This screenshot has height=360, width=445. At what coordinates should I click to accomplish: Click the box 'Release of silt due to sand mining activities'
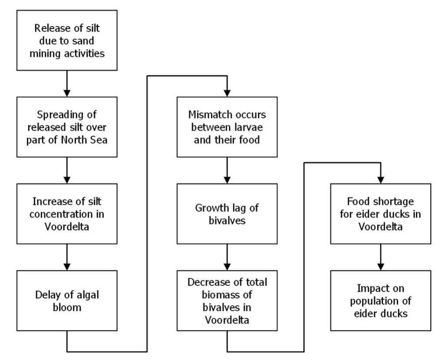[67, 40]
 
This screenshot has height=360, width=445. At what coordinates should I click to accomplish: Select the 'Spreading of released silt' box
[67, 127]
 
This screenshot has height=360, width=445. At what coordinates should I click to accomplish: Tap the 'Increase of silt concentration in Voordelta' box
[67, 214]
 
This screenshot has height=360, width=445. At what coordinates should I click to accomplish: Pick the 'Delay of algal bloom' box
[67, 301]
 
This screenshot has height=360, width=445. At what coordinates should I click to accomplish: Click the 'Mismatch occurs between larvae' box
[227, 127]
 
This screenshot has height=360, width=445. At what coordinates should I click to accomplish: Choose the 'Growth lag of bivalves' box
[227, 214]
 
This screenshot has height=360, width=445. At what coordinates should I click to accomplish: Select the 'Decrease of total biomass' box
[227, 301]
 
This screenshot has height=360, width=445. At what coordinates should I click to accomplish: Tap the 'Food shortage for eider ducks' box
[381, 214]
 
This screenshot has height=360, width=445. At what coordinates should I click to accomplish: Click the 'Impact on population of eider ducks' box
[381, 301]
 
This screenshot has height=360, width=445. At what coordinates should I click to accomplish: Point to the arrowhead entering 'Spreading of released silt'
[67, 93]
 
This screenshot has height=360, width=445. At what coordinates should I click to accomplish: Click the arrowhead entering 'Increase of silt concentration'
[67, 180]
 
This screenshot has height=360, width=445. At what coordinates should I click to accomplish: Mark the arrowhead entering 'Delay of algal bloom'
[67, 267]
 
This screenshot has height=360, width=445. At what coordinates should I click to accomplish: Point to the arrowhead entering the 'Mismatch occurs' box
[227, 93]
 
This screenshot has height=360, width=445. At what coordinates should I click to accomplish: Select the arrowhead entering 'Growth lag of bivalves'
[227, 180]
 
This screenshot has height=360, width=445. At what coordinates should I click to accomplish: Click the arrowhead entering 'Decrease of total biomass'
[227, 267]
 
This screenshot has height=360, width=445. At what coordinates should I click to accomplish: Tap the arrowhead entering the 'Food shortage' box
[381, 180]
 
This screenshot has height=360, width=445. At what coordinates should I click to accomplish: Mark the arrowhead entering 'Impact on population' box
[381, 267]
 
